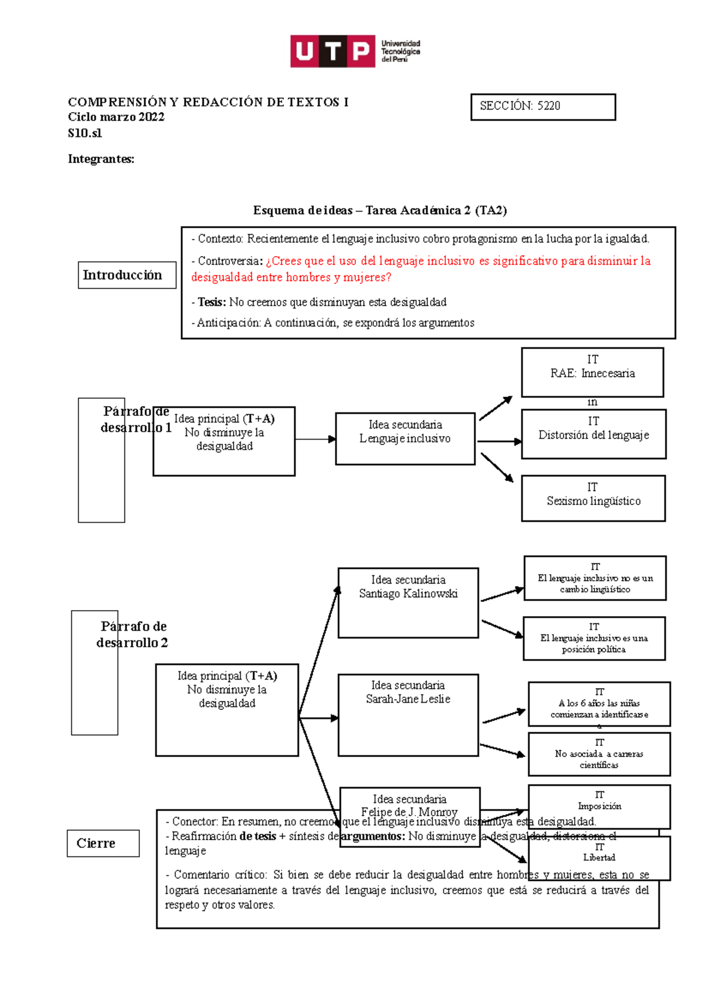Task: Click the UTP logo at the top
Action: (355, 51)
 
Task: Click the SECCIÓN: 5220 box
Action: (543, 107)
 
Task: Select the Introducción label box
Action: (127, 275)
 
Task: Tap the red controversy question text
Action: (420, 269)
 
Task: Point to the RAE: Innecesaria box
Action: (592, 372)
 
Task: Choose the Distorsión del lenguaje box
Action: (594, 434)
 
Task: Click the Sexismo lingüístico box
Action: (593, 498)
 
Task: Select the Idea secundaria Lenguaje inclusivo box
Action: (405, 438)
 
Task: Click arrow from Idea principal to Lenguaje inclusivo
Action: (315, 439)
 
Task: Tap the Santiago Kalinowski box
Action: (408, 602)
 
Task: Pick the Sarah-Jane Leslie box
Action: (408, 714)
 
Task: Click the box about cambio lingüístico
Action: (595, 578)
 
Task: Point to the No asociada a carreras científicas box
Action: (599, 754)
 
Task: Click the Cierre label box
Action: (103, 843)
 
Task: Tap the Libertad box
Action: (599, 857)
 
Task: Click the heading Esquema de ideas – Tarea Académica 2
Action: (380, 210)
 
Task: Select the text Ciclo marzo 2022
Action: (116, 117)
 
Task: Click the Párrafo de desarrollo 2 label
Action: (133, 634)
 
